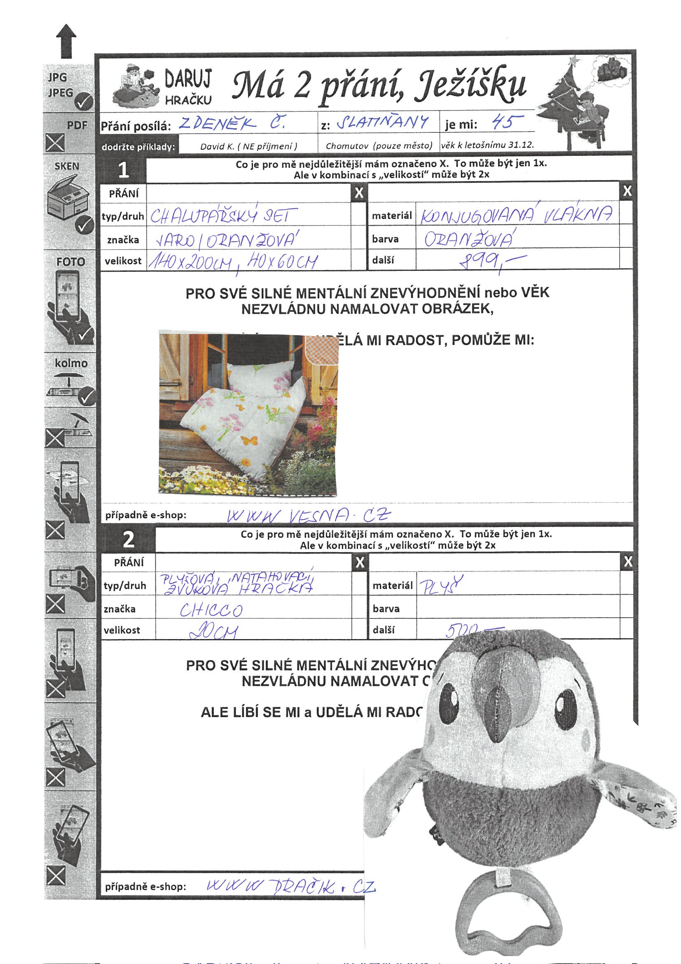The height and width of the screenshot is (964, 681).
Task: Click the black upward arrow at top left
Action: click(x=66, y=41)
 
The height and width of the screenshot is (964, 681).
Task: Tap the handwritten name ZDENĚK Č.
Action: click(x=232, y=123)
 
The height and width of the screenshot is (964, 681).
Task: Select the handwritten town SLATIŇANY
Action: click(x=383, y=122)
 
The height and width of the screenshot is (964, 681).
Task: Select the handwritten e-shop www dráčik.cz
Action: click(x=291, y=886)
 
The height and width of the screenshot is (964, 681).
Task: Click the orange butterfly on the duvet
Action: click(x=248, y=440)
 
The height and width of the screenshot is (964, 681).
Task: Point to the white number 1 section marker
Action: click(x=123, y=170)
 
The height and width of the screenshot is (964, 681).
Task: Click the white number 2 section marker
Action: click(x=129, y=540)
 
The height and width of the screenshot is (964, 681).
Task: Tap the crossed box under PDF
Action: click(x=55, y=143)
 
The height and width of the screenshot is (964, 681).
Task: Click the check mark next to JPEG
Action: click(x=85, y=101)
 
